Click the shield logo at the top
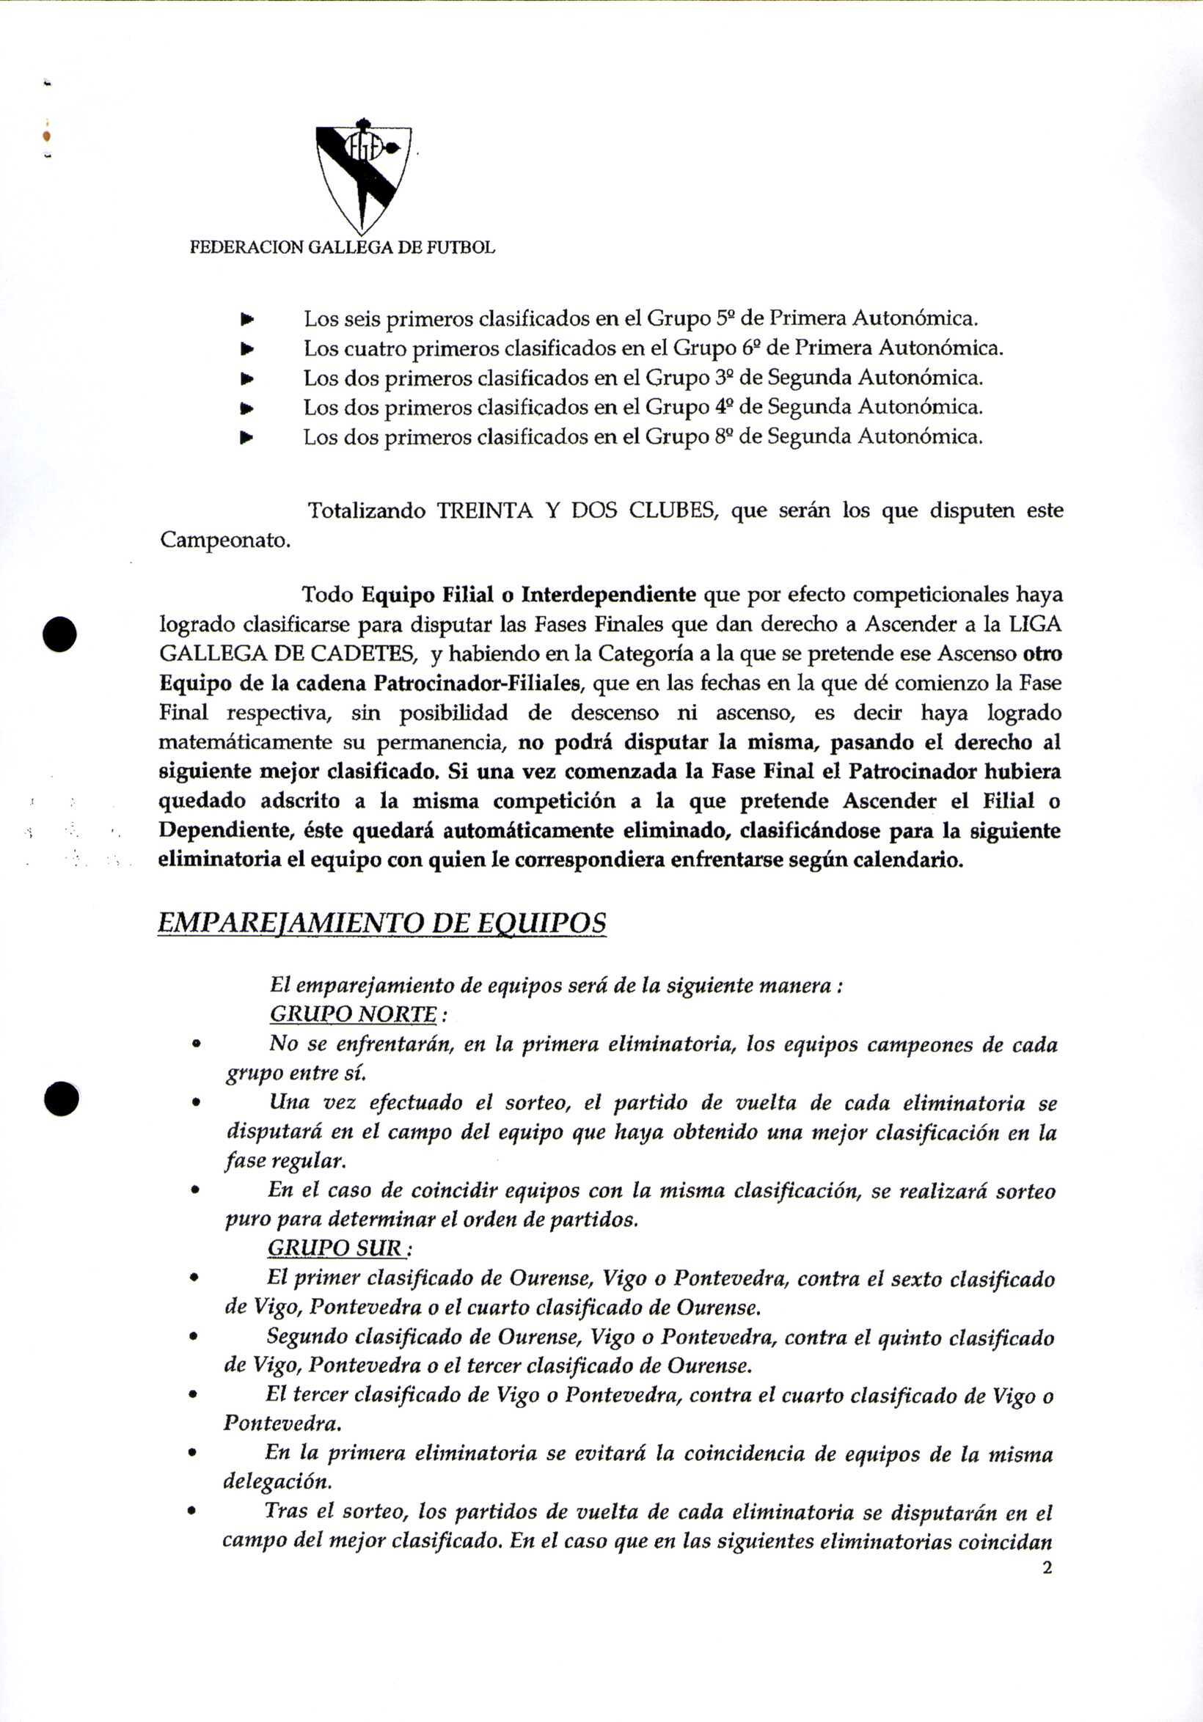pyautogui.click(x=364, y=176)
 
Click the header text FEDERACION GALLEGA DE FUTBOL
pyautogui.click(x=342, y=247)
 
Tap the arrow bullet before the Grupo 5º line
pyautogui.click(x=246, y=320)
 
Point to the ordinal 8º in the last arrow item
pyautogui.click(x=725, y=436)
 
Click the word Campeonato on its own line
pyautogui.click(x=224, y=540)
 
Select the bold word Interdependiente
pyautogui.click(x=608, y=595)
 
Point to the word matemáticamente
pyautogui.click(x=246, y=742)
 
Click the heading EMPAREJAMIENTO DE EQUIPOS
pyautogui.click(x=381, y=923)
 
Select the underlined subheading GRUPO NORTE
pyautogui.click(x=354, y=1014)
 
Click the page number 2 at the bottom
pyautogui.click(x=1047, y=1567)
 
